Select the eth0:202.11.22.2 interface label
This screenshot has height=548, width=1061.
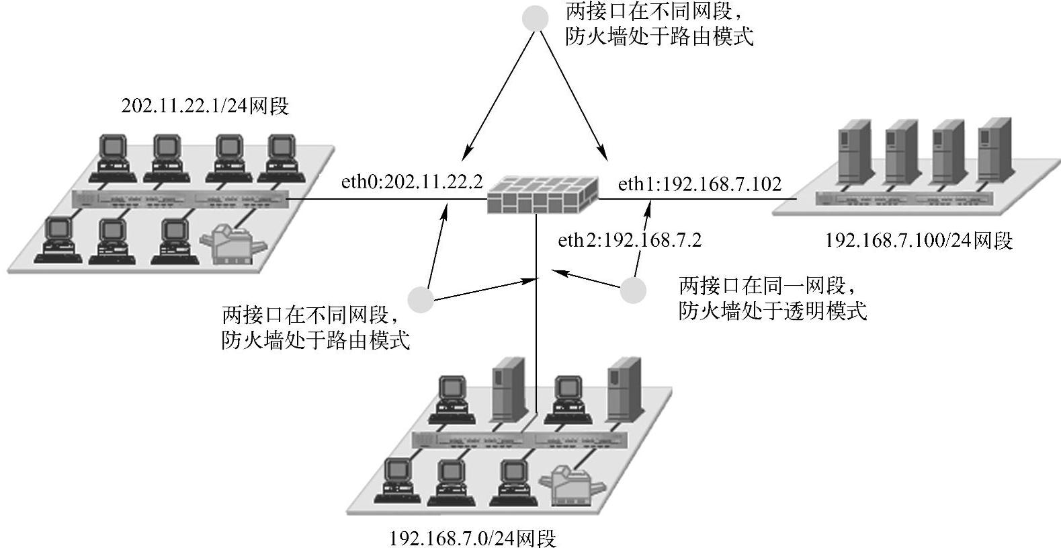pos(412,182)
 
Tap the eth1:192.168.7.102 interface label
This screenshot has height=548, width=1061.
pos(699,184)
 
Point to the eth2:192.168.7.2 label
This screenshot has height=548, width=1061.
pos(630,240)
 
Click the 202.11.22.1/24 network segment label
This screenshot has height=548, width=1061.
pos(204,106)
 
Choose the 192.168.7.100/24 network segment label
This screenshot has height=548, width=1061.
pos(918,240)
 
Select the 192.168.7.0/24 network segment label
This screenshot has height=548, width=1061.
pos(472,538)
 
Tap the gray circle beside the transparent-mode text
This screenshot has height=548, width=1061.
pos(632,290)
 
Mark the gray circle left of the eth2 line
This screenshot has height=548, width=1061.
pos(421,299)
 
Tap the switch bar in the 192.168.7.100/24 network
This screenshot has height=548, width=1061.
pos(904,199)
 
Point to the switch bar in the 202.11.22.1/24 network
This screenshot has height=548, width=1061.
pos(180,199)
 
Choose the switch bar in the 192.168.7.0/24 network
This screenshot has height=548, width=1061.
pos(519,440)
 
